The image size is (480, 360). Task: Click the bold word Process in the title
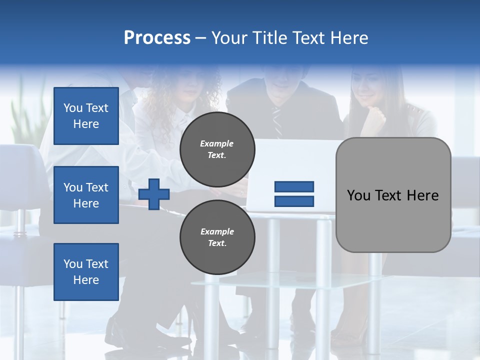tap(157, 38)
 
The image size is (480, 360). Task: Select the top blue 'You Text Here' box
tap(86, 116)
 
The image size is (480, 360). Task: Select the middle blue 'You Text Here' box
tap(86, 195)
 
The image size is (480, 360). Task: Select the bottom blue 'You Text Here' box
tap(86, 271)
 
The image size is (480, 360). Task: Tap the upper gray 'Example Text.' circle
tap(217, 149)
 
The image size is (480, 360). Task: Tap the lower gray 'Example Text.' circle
tap(217, 237)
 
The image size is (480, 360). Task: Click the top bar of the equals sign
tap(294, 186)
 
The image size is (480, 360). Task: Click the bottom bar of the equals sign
tap(294, 201)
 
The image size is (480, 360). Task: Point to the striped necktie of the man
tap(277, 122)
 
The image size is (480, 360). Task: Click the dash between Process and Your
tap(200, 38)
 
